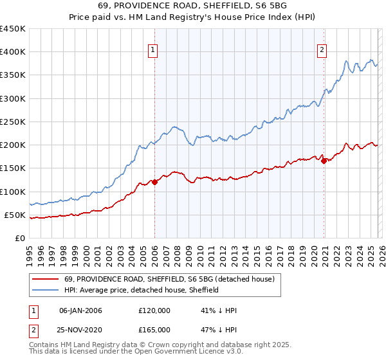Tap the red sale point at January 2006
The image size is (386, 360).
pyautogui.click(x=154, y=182)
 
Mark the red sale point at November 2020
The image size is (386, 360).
pyautogui.click(x=324, y=161)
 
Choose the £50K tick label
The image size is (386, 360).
pyautogui.click(x=15, y=215)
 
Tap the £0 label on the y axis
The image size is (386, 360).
pyautogui.click(x=19, y=238)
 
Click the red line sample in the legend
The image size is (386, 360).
pyautogui.click(x=46, y=279)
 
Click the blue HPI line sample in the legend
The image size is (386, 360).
pyautogui.click(x=46, y=290)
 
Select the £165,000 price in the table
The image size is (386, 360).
pyautogui.click(x=154, y=330)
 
